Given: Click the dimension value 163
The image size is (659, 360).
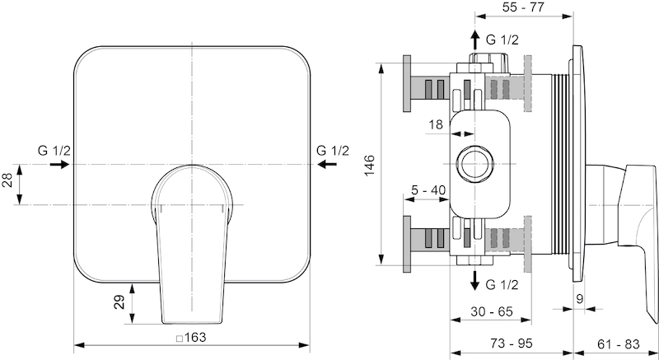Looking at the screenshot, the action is click(x=195, y=337).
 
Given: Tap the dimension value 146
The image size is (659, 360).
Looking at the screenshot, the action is click(x=369, y=165).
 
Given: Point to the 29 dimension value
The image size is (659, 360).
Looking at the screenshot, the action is click(x=119, y=302).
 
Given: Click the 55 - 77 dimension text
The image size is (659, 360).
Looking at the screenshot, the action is click(x=523, y=7).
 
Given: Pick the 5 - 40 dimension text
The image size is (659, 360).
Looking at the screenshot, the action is click(x=428, y=190).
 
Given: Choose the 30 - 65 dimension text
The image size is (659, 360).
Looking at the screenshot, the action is click(x=492, y=311).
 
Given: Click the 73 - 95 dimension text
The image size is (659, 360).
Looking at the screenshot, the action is click(x=511, y=344).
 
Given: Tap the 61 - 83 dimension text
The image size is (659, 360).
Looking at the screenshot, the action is click(x=619, y=344).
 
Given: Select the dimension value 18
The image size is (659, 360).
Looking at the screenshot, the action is click(x=436, y=124).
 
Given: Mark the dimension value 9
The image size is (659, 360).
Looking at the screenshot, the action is click(x=580, y=299).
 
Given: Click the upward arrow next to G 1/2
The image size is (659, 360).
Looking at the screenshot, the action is click(x=475, y=40).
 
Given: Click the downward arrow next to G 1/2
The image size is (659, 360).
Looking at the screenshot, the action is click(x=475, y=281).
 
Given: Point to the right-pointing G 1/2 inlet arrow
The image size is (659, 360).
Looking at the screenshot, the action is click(x=59, y=164).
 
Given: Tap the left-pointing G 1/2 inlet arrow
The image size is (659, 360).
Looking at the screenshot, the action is click(x=327, y=164).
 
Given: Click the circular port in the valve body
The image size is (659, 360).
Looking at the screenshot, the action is click(x=475, y=164).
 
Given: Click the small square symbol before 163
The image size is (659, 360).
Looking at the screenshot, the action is click(x=180, y=338).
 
